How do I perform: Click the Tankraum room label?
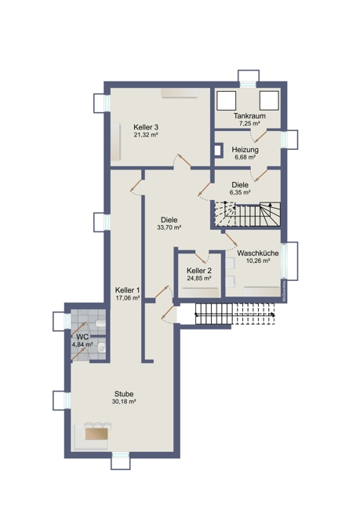(249, 116)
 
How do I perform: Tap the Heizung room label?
(245, 150)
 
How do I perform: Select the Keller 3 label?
(146, 127)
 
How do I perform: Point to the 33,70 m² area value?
(169, 228)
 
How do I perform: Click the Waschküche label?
(257, 253)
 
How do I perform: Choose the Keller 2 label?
(199, 271)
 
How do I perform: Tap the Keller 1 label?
(128, 290)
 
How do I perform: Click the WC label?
(82, 337)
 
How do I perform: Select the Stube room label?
(124, 394)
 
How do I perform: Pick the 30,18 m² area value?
(124, 402)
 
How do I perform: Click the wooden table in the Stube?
(96, 434)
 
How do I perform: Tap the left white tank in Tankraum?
(227, 100)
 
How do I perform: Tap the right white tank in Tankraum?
(269, 100)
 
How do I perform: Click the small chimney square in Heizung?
(218, 151)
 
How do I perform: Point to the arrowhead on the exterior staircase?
(273, 315)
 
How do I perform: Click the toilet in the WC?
(101, 323)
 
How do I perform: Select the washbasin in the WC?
(102, 348)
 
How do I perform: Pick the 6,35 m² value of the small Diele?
(240, 192)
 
